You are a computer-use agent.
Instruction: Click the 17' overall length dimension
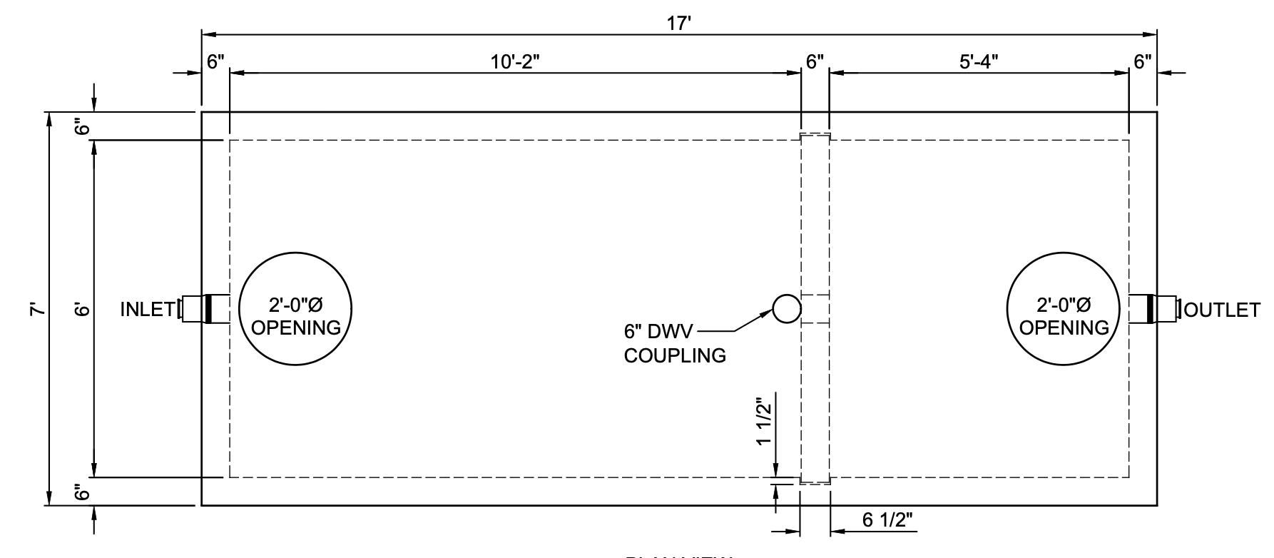point(679,24)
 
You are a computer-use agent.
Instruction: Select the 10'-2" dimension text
point(515,62)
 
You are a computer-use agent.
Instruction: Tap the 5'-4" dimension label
point(978,62)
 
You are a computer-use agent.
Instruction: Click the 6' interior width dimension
point(83,309)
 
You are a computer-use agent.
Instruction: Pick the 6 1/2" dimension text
point(887,520)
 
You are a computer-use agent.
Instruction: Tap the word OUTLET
point(1223,310)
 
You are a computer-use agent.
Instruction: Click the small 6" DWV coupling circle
point(786,309)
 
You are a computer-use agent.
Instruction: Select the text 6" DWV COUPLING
point(674,343)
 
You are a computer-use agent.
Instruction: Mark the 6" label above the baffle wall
point(815,62)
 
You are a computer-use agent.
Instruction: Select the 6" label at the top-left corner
point(215,62)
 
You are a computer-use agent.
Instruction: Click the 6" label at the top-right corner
point(1142,62)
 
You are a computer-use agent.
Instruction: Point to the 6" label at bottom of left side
point(83,492)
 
